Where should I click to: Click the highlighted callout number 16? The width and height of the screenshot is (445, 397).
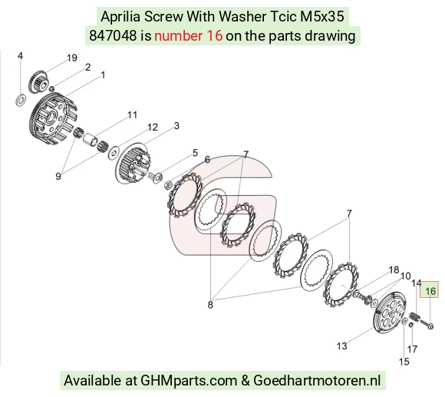pyautogui.click(x=430, y=291)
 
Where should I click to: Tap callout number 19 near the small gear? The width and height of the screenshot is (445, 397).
pyautogui.click(x=72, y=58)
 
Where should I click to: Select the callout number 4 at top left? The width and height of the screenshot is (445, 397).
pyautogui.click(x=20, y=55)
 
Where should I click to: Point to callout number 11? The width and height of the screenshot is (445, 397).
pyautogui.click(x=132, y=115)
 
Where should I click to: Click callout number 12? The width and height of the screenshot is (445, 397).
pyautogui.click(x=153, y=127)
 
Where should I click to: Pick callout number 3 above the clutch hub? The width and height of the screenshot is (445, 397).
pyautogui.click(x=176, y=126)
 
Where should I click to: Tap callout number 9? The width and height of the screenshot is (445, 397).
pyautogui.click(x=58, y=177)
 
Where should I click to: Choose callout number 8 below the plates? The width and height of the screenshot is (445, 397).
pyautogui.click(x=210, y=305)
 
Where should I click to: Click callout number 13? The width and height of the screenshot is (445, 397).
pyautogui.click(x=341, y=346)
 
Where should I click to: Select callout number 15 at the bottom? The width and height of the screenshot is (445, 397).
pyautogui.click(x=404, y=362)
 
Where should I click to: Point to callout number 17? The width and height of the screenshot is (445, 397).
pyautogui.click(x=412, y=349)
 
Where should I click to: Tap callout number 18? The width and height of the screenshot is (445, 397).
pyautogui.click(x=394, y=270)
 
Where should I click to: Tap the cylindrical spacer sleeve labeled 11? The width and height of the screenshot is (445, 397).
pyautogui.click(x=91, y=140)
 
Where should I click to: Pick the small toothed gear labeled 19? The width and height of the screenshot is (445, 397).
pyautogui.click(x=38, y=81)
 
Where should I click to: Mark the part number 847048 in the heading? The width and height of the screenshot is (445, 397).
pyautogui.click(x=113, y=36)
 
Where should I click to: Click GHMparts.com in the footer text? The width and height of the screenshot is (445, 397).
pyautogui.click(x=189, y=380)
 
